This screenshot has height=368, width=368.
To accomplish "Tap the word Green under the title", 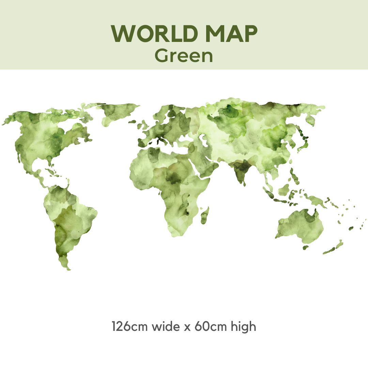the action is click(x=184, y=56).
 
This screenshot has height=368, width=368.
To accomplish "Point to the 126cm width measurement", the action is click(x=130, y=326).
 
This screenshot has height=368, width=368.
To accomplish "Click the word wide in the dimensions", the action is click(x=166, y=326).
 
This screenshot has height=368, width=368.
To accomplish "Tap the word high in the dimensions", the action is click(x=243, y=326).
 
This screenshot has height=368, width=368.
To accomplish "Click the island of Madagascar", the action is click(x=204, y=217).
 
